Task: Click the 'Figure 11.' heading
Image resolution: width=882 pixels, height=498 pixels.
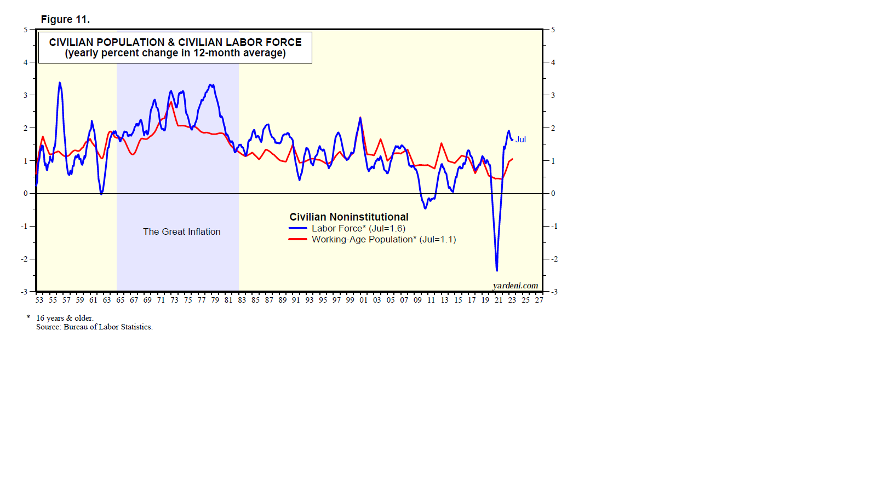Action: tap(65, 20)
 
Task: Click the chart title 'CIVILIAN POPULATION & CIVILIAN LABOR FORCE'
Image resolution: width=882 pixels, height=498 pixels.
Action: tap(175, 42)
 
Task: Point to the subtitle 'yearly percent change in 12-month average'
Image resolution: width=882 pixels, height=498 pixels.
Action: tap(175, 53)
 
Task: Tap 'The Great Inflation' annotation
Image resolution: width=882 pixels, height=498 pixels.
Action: tap(182, 231)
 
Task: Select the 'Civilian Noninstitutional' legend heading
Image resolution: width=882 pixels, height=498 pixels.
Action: tap(349, 217)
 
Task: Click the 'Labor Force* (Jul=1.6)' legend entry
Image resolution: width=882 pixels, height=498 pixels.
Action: tap(358, 228)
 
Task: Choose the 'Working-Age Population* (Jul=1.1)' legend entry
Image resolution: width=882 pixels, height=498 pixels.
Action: tap(383, 239)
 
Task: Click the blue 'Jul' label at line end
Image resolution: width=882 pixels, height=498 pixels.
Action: tap(520, 140)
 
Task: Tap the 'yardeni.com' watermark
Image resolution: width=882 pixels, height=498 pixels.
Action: tap(516, 285)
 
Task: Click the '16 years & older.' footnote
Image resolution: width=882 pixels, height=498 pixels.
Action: tap(65, 318)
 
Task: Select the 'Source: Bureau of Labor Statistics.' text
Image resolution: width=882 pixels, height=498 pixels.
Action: tap(94, 327)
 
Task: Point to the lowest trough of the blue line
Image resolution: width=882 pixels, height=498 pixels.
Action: tap(497, 270)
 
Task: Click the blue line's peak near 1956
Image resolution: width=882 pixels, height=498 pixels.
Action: tap(60, 83)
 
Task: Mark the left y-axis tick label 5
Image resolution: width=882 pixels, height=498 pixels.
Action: tap(25, 30)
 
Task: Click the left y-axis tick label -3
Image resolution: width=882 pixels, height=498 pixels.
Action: tap(24, 292)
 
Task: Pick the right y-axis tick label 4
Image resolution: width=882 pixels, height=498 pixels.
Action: tap(553, 62)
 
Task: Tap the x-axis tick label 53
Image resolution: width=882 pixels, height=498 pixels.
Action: tap(39, 300)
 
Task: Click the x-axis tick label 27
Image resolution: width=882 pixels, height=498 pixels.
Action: tap(539, 300)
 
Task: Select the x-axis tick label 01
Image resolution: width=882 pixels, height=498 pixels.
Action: tap(363, 300)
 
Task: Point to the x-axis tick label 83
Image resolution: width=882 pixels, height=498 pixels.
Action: tap(242, 300)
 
